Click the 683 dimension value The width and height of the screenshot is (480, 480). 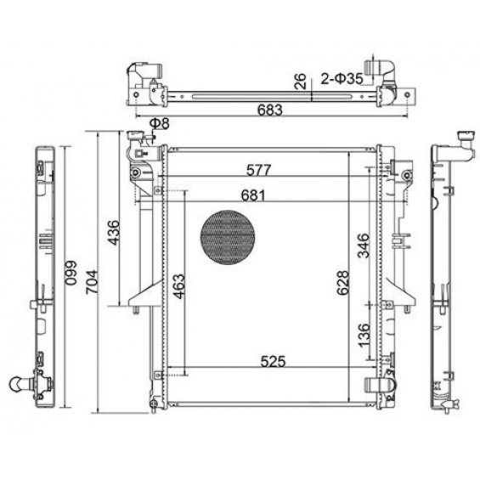point(269,110)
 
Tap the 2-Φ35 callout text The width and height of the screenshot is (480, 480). point(342,79)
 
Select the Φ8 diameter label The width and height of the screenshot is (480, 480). point(159,123)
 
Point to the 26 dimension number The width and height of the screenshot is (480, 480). point(301,81)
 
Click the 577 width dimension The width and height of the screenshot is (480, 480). point(259,170)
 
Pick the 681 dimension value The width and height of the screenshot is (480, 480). point(253,195)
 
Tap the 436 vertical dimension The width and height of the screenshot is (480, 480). point(113,232)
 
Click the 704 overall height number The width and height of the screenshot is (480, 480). point(92,282)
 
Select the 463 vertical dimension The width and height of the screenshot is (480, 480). point(179,286)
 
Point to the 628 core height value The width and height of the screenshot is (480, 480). point(343,283)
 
